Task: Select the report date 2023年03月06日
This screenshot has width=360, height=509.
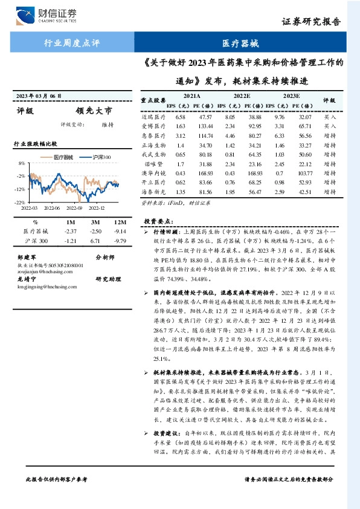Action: tap(39, 96)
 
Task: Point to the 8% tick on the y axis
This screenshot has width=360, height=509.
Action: tap(21, 164)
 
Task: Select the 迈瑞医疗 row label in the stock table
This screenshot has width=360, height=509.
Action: tap(153, 116)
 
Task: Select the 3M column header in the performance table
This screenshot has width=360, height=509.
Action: tap(94, 221)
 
